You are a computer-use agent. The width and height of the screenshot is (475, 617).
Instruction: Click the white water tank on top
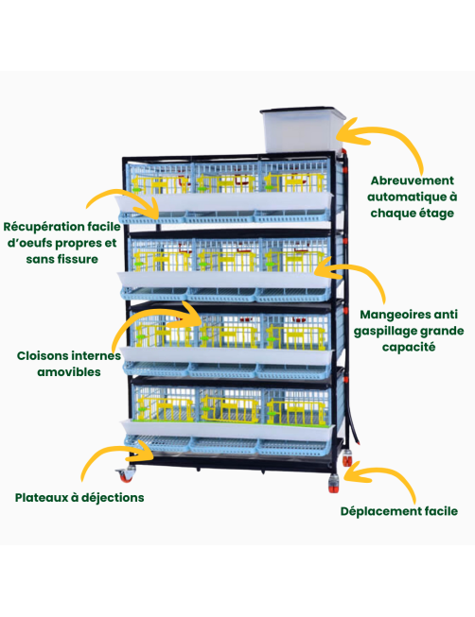click(x=303, y=129)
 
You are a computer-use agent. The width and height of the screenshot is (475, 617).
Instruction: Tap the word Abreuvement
click(x=412, y=180)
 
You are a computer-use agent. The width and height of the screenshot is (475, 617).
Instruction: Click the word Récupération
click(x=44, y=227)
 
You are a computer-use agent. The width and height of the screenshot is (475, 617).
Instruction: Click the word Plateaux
click(x=42, y=497)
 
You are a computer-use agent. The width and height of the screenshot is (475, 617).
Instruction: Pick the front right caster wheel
click(x=334, y=483)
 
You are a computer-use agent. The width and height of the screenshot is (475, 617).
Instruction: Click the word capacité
click(x=409, y=348)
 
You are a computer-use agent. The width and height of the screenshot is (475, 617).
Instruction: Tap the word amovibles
click(x=69, y=372)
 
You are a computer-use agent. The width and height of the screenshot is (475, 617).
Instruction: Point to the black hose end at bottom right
click(x=357, y=442)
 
